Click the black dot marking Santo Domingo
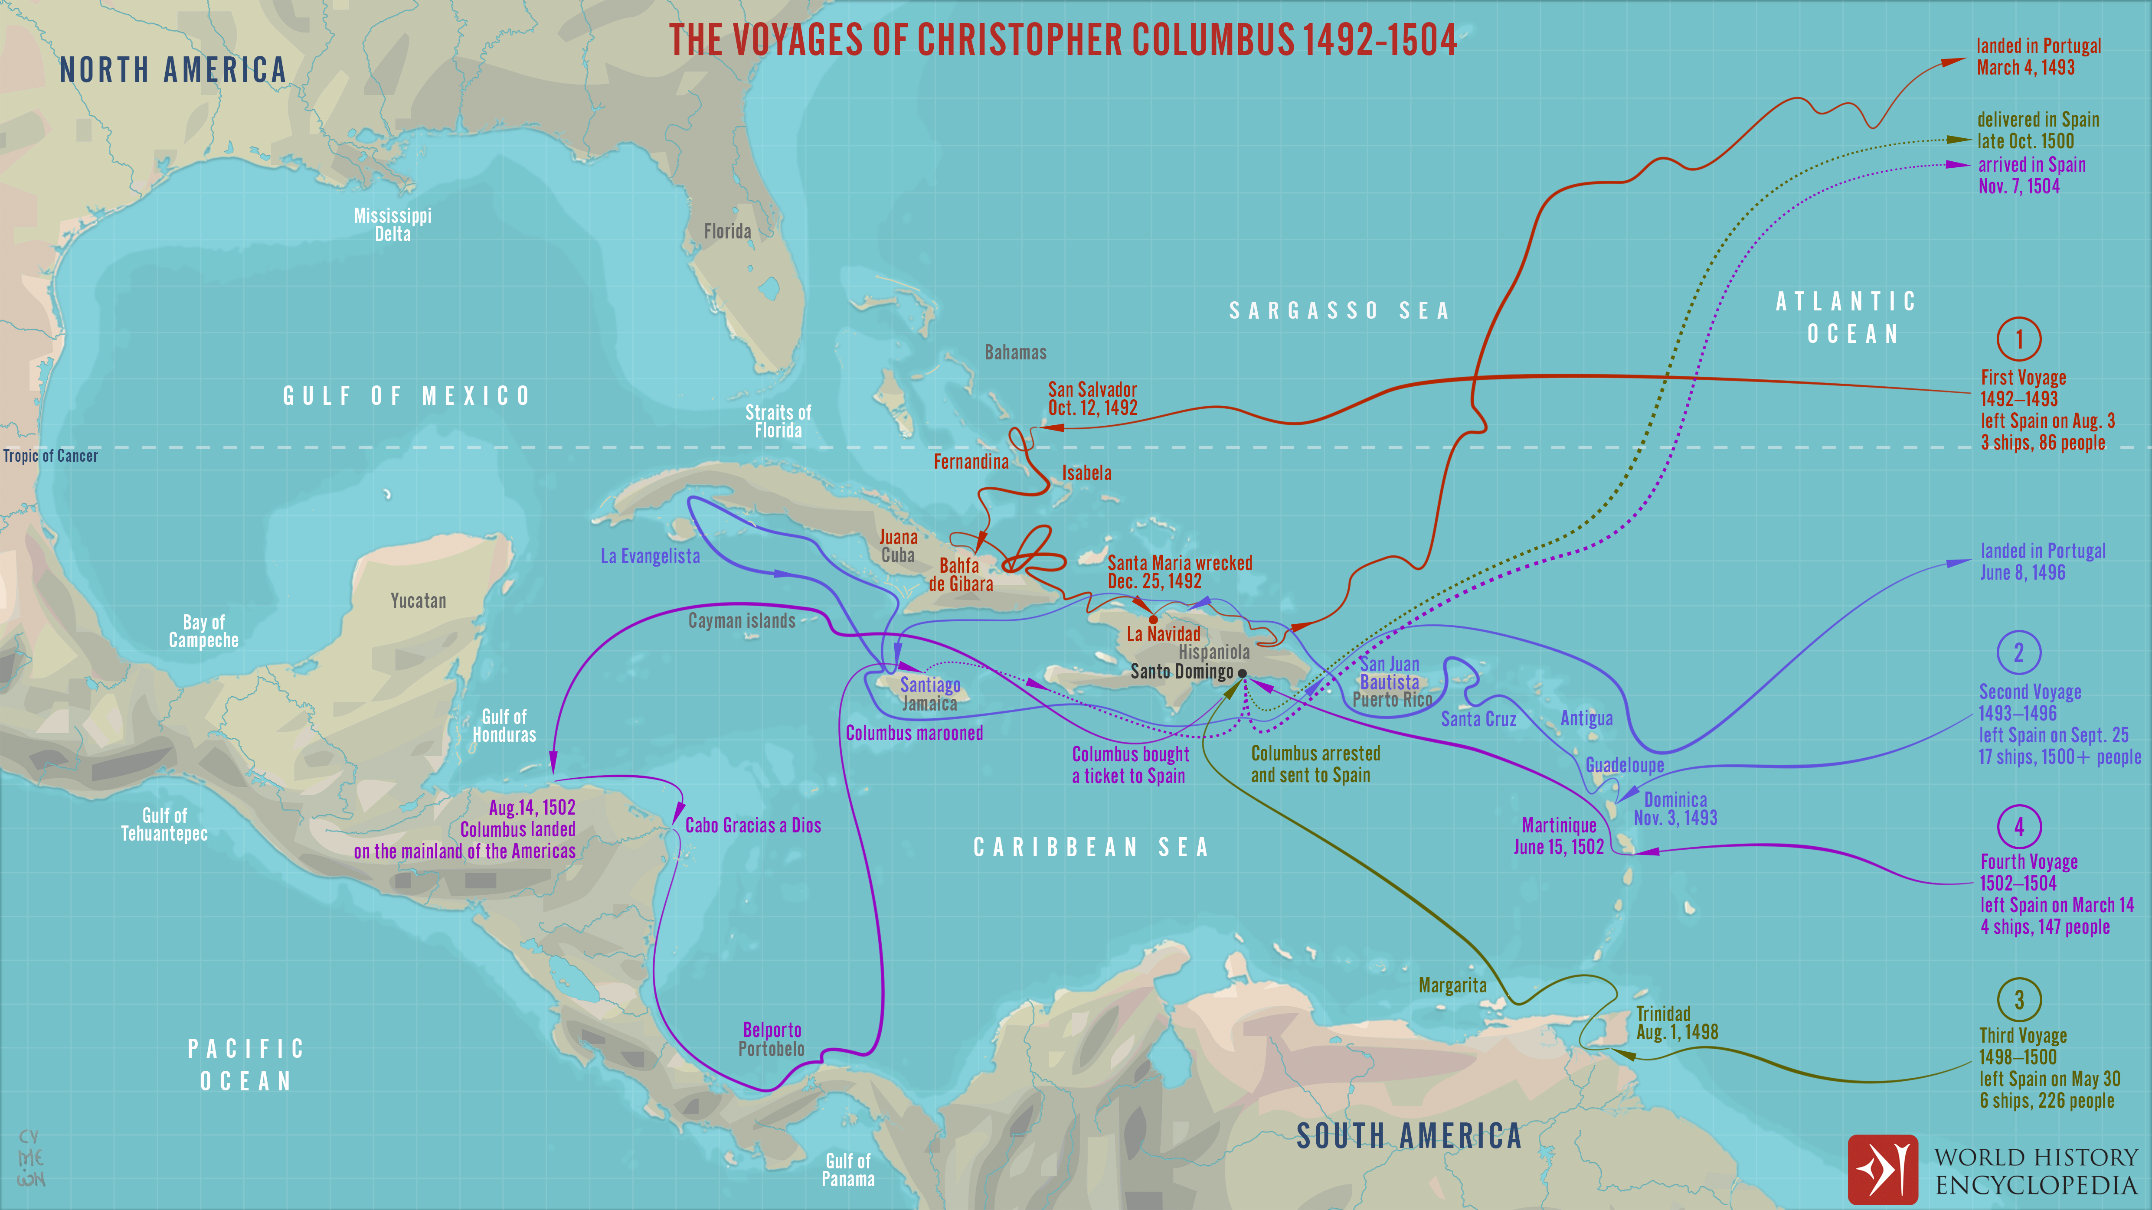tap(1242, 673)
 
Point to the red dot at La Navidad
tap(1154, 620)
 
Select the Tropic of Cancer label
tap(50, 456)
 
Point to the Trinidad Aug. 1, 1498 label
tap(1676, 1023)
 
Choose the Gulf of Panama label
tap(848, 1170)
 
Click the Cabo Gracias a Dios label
tap(753, 825)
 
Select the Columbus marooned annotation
tap(914, 733)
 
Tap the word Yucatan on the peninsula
tap(418, 600)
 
